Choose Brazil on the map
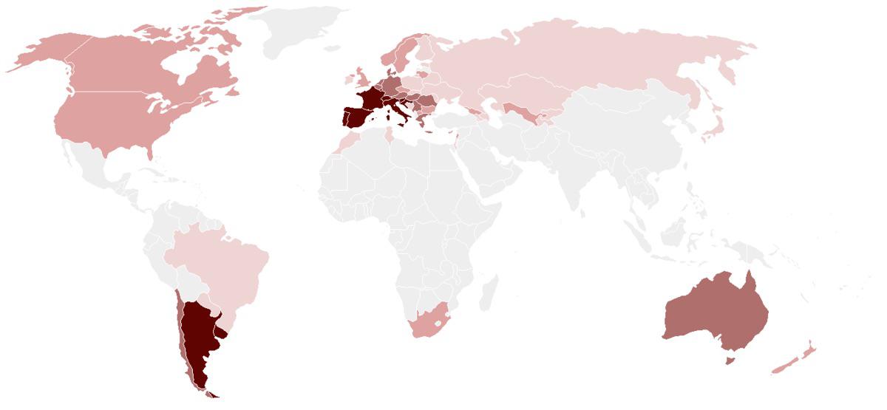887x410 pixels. point(222,266)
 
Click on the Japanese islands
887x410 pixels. point(714,126)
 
